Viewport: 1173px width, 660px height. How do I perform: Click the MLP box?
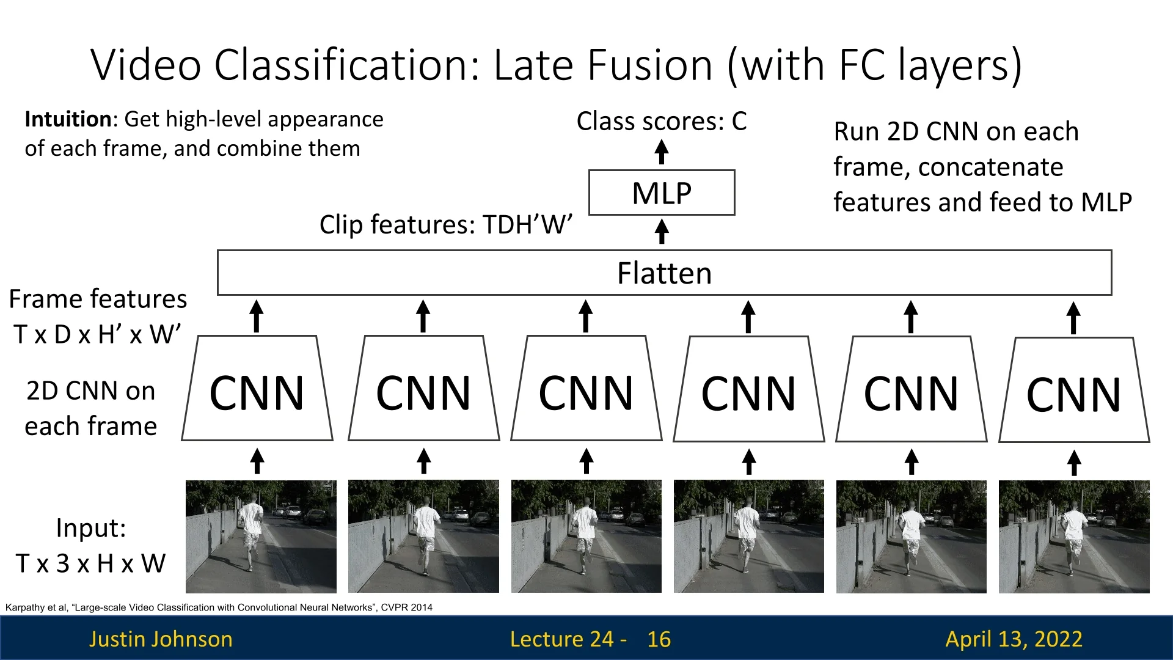point(662,193)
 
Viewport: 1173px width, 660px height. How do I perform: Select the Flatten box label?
point(664,273)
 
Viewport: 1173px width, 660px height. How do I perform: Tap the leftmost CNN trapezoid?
point(257,391)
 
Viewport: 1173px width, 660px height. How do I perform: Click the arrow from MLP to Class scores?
point(662,152)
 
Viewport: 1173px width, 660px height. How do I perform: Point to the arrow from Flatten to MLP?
point(662,232)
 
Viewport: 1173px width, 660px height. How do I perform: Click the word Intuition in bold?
point(67,119)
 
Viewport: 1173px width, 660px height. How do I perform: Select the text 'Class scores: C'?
point(662,121)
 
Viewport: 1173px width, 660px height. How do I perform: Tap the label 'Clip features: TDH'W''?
point(446,224)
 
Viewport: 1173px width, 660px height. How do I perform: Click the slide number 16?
point(659,639)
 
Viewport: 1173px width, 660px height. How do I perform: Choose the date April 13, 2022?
point(1014,639)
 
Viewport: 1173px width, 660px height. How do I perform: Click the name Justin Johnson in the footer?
point(161,639)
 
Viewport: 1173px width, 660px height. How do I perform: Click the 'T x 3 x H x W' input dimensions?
point(90,563)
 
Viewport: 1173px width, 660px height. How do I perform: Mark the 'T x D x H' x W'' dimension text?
point(98,334)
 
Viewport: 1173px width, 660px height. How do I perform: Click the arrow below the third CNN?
point(586,461)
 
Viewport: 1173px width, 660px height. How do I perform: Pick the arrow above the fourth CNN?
point(748,317)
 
